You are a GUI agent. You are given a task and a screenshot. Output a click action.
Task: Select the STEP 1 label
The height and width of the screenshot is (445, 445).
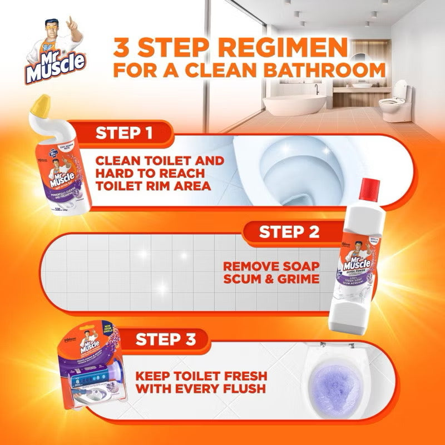(125, 133)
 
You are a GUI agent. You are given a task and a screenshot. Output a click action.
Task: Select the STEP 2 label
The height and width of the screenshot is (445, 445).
(289, 233)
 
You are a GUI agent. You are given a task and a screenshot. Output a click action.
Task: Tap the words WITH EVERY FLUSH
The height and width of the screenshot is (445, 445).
(202, 389)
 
